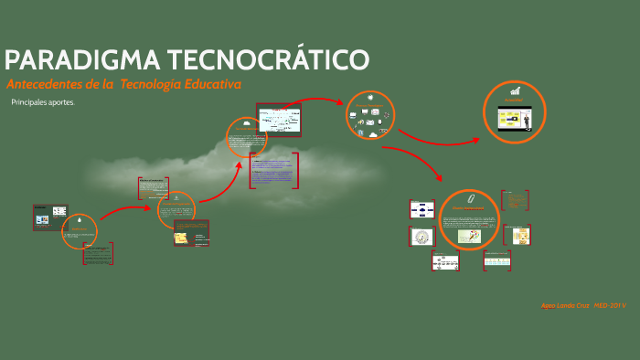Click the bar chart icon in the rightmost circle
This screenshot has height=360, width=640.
516,91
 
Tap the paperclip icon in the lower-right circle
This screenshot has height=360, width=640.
470,198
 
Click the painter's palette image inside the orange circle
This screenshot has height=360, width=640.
471,236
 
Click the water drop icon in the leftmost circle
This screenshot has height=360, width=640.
80,222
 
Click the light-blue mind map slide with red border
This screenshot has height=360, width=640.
282,121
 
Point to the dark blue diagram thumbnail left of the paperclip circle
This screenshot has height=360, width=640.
422,208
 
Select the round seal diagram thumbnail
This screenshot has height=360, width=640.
421,236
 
